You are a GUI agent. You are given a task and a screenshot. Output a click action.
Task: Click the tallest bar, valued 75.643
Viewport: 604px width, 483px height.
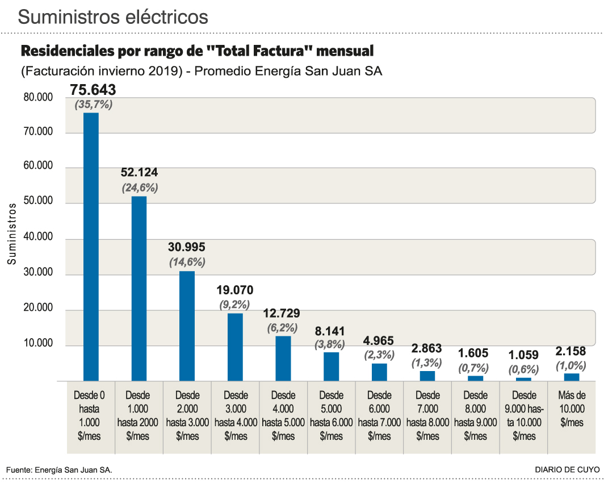[91, 247]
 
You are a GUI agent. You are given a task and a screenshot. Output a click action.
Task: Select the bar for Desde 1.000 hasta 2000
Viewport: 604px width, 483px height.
[139, 288]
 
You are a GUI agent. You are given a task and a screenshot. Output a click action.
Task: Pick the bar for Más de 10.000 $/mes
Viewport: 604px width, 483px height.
[572, 377]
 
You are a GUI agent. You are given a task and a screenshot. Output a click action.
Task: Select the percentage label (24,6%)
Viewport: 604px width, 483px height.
[140, 187]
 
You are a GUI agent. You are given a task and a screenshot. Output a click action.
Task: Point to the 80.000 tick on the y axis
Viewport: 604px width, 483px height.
[38, 97]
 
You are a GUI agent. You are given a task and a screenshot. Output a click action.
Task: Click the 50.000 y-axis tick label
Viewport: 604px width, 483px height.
[38, 201]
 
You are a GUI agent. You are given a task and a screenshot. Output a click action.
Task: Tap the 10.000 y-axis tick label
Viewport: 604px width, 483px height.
[38, 344]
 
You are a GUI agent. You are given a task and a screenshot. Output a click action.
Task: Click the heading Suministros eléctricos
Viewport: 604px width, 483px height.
[113, 17]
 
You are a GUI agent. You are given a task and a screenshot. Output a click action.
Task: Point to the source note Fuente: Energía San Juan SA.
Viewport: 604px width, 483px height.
[59, 470]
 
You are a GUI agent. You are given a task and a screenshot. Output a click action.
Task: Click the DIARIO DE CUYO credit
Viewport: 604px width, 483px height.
[567, 470]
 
